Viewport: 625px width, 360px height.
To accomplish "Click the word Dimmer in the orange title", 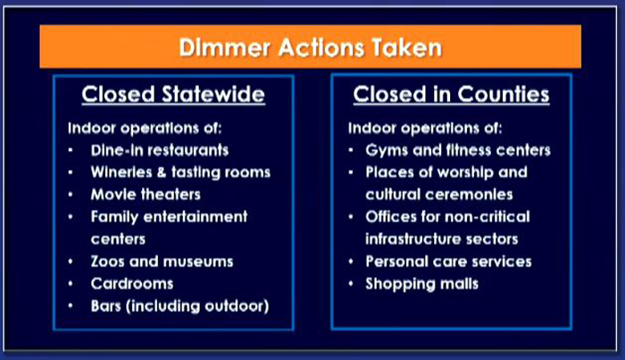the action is (225, 47).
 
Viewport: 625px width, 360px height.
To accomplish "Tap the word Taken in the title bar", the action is (407, 47).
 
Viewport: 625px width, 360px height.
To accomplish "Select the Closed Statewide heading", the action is (173, 95).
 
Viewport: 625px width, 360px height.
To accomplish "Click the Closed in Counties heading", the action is (451, 95).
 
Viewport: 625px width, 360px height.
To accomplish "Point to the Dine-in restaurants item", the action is (160, 150).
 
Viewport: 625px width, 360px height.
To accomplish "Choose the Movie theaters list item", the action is (146, 195).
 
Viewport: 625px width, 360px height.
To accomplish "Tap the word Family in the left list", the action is (114, 217).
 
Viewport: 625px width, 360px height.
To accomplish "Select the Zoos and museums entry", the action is (162, 262).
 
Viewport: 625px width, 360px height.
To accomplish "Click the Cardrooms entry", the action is (132, 284).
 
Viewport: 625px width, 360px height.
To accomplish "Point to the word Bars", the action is (105, 306).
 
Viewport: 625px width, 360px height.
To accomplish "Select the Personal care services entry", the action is (448, 262).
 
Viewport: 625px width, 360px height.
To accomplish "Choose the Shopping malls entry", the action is (421, 284).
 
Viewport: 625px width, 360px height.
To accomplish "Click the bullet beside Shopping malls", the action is (351, 284).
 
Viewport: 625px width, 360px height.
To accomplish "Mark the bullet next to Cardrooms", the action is (71, 284).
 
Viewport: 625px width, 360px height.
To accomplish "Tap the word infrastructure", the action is (412, 239).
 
